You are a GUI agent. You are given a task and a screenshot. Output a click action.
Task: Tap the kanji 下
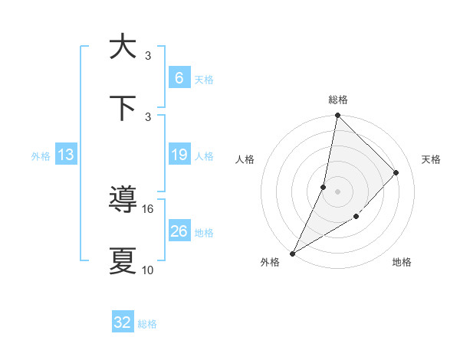pyautogui.click(x=123, y=108)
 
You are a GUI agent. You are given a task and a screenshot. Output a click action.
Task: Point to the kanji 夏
pyautogui.click(x=123, y=260)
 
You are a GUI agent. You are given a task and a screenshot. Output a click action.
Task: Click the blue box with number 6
pyautogui.click(x=179, y=78)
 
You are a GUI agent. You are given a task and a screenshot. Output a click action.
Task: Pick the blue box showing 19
pyautogui.click(x=179, y=155)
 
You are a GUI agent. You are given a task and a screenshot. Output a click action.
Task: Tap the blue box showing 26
pyautogui.click(x=179, y=231)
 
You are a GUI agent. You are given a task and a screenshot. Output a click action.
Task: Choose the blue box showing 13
pyautogui.click(x=65, y=155)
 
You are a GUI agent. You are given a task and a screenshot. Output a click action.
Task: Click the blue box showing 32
pyautogui.click(x=123, y=322)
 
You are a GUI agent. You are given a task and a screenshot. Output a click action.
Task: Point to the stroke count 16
pyautogui.click(x=148, y=208)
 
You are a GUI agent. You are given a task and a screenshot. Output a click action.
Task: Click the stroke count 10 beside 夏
pyautogui.click(x=148, y=270)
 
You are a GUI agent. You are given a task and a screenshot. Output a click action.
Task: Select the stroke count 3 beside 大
pyautogui.click(x=148, y=55)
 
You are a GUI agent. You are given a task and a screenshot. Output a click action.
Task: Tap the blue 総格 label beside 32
pyautogui.click(x=147, y=324)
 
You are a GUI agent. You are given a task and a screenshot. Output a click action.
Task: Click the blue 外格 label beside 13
pyautogui.click(x=41, y=156)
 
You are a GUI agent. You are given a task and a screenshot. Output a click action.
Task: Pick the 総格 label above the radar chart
pyautogui.click(x=337, y=100)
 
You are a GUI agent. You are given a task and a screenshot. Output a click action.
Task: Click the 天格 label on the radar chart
pyautogui.click(x=431, y=159)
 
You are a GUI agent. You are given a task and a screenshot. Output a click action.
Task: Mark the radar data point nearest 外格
pyautogui.click(x=292, y=253)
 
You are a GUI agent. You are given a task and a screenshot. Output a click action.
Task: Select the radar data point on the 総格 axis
pyautogui.click(x=337, y=116)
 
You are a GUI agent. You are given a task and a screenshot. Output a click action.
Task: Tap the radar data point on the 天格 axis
pyautogui.click(x=396, y=172)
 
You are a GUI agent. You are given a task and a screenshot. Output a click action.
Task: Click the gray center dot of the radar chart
pyautogui.click(x=337, y=191)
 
